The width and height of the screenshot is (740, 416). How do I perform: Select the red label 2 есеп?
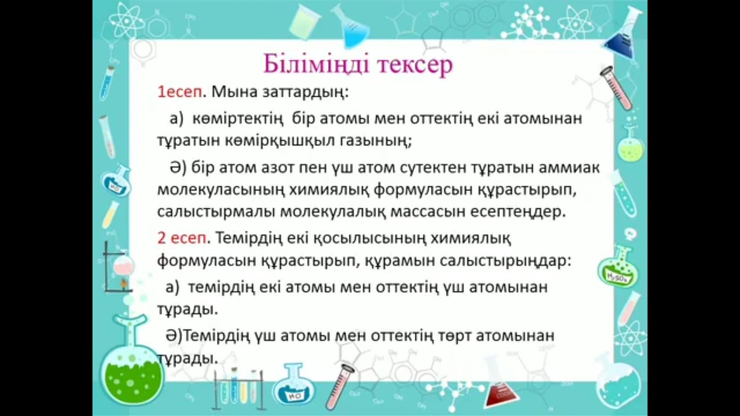click(182, 238)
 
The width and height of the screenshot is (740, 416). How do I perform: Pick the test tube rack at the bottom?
click(239, 389)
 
